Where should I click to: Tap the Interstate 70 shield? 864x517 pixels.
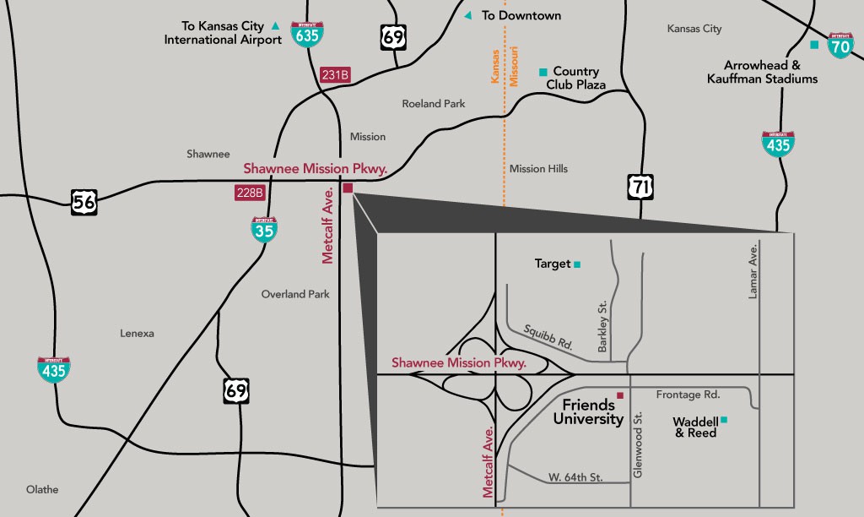tap(840, 45)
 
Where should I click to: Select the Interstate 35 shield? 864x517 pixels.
tap(265, 229)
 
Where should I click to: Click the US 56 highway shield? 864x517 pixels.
tap(84, 201)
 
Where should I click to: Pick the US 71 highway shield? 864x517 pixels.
tap(640, 186)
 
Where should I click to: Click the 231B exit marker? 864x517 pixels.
tap(336, 75)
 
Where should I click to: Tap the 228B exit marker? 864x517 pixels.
tap(250, 193)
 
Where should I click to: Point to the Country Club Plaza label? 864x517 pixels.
tap(576, 78)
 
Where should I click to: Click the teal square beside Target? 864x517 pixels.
tap(577, 264)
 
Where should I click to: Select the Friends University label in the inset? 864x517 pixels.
tap(588, 412)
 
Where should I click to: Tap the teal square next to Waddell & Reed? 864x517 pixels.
tap(723, 420)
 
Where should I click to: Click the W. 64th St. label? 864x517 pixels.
tap(575, 477)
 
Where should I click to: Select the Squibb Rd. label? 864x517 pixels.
tap(548, 337)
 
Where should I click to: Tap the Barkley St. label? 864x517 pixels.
tap(602, 333)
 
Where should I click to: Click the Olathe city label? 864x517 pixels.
tap(42, 489)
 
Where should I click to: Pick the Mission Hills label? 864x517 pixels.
tap(538, 169)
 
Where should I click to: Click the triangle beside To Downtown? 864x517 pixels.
tap(468, 15)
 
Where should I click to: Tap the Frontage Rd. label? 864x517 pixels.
tap(688, 395)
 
